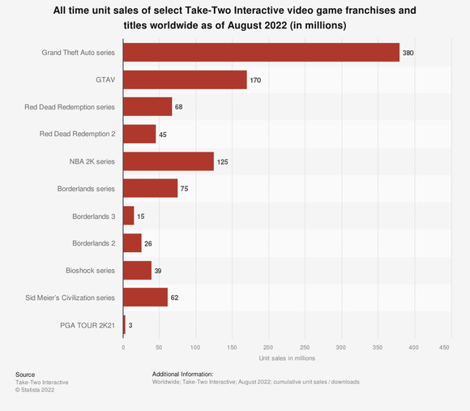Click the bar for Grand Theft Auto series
(x=261, y=53)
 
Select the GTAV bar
(x=185, y=79)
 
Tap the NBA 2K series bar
(x=169, y=161)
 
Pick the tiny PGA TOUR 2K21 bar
(x=124, y=324)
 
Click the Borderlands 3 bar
(x=129, y=216)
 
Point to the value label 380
(x=410, y=53)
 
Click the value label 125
(x=223, y=161)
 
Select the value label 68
(x=180, y=107)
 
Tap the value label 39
(x=159, y=270)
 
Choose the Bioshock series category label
(x=91, y=270)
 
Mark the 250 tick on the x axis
(x=304, y=347)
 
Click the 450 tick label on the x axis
(x=445, y=347)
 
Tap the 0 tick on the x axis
(x=123, y=347)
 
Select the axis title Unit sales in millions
(x=287, y=357)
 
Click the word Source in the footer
(x=25, y=375)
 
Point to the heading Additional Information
(x=182, y=374)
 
